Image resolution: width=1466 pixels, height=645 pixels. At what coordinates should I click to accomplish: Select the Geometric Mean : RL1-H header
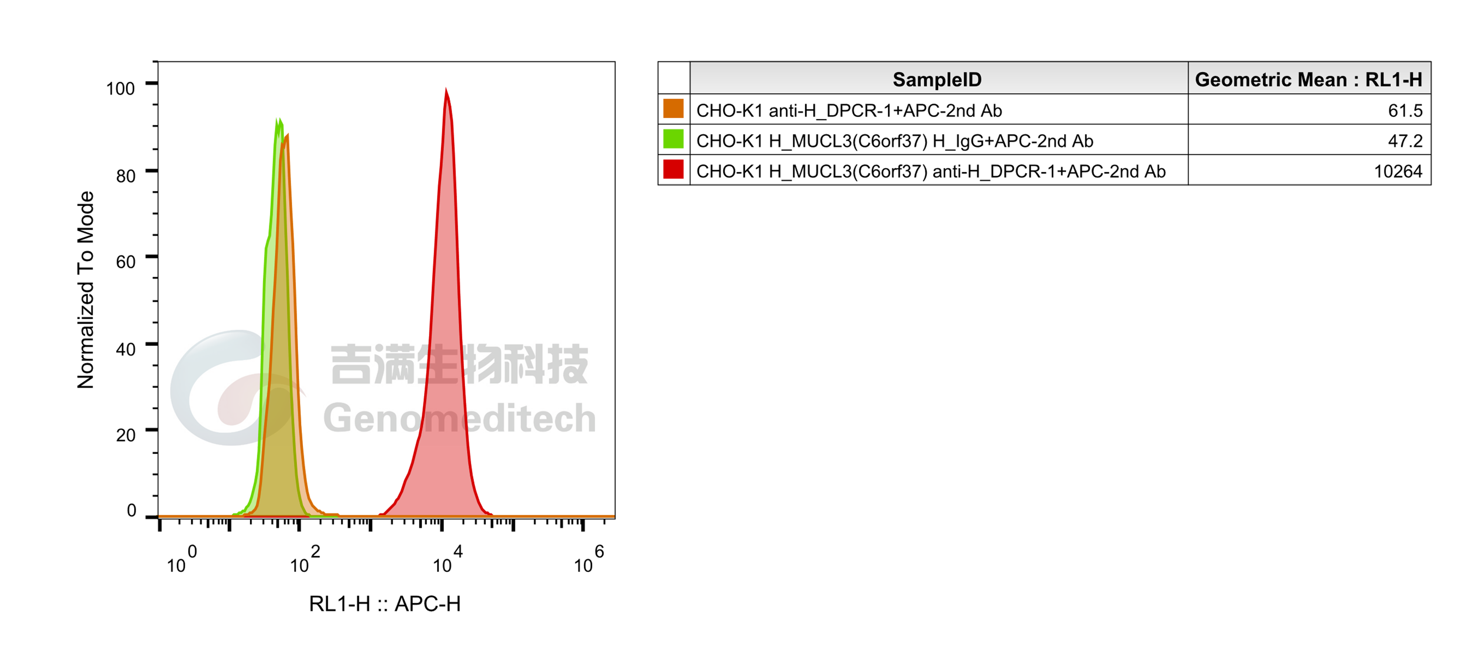tap(1308, 79)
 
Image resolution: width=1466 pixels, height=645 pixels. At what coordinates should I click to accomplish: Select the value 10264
tap(1398, 172)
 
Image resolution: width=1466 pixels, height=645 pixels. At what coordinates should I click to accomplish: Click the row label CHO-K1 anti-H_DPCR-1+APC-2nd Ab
tap(849, 110)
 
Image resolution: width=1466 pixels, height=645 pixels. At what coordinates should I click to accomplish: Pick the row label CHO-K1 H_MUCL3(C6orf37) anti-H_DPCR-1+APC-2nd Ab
tap(930, 172)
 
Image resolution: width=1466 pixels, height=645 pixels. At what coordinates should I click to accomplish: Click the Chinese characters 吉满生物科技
tap(459, 364)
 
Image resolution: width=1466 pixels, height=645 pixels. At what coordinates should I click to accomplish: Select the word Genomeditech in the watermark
tap(459, 418)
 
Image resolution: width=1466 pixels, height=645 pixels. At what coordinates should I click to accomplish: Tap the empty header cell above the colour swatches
tap(673, 78)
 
